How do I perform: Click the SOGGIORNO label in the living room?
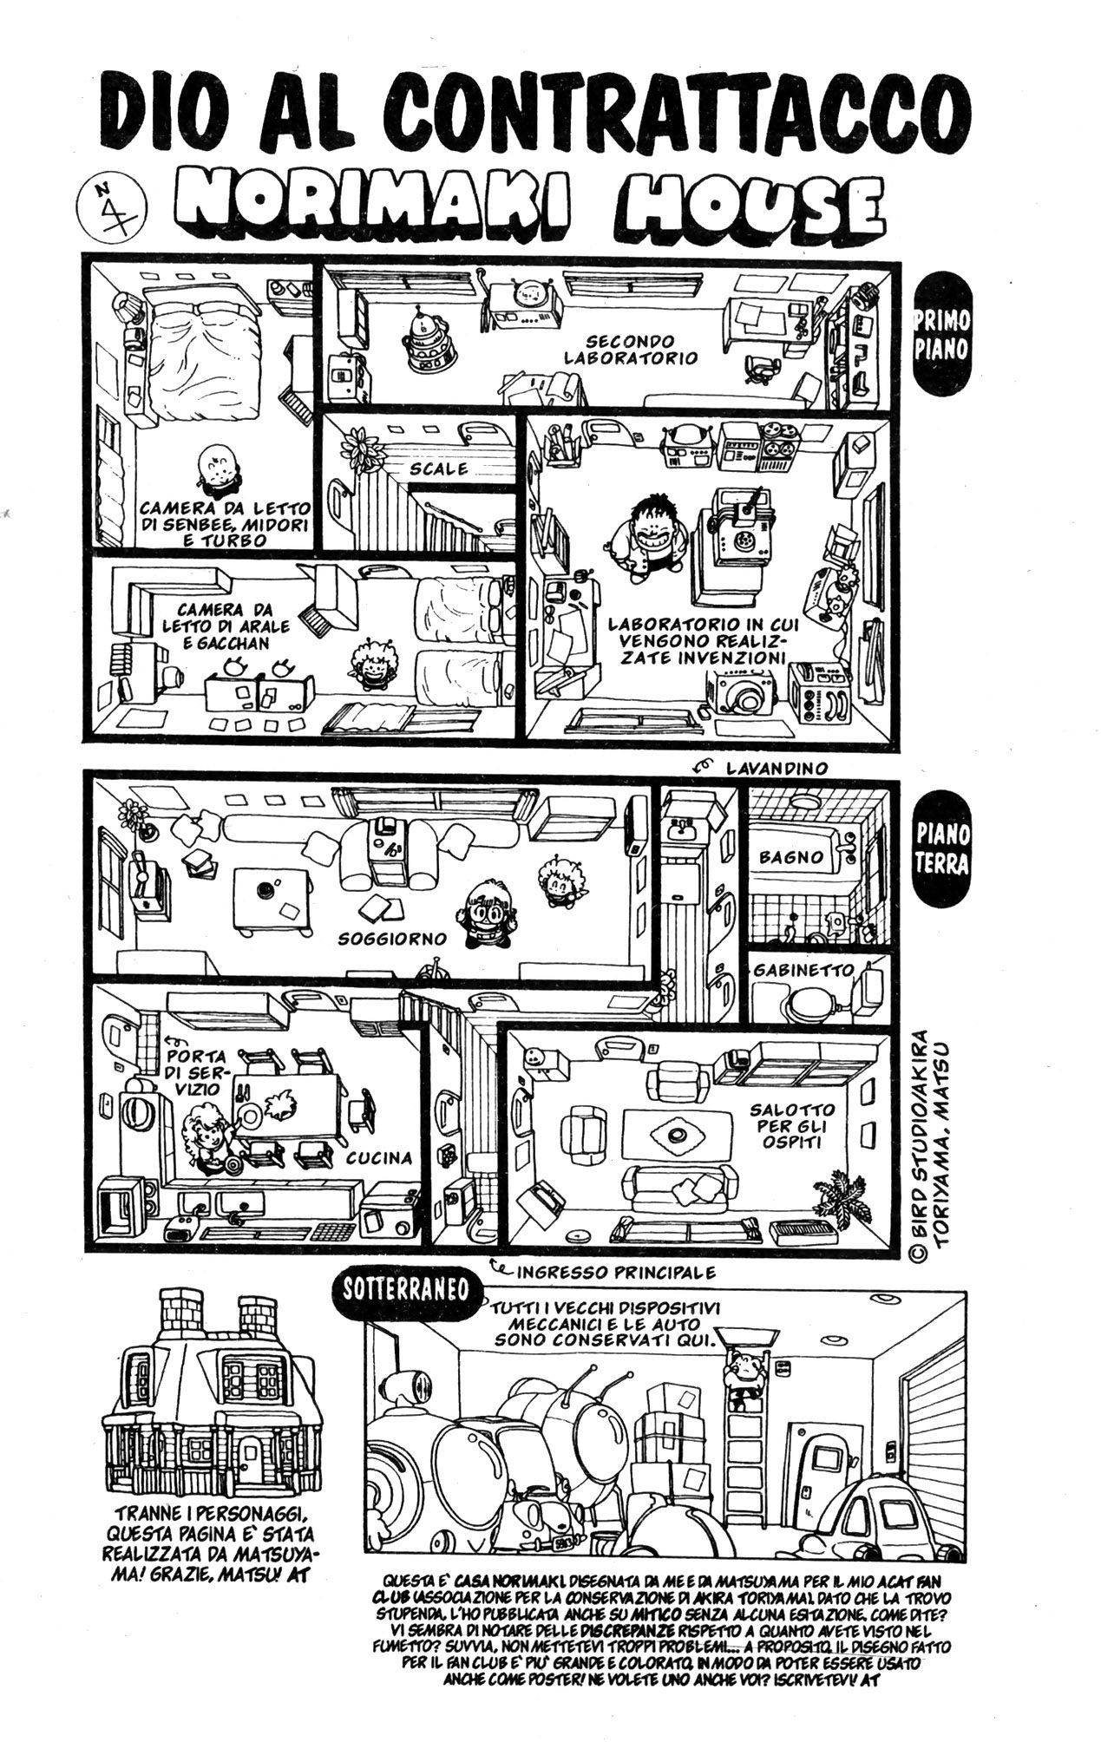point(393,939)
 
